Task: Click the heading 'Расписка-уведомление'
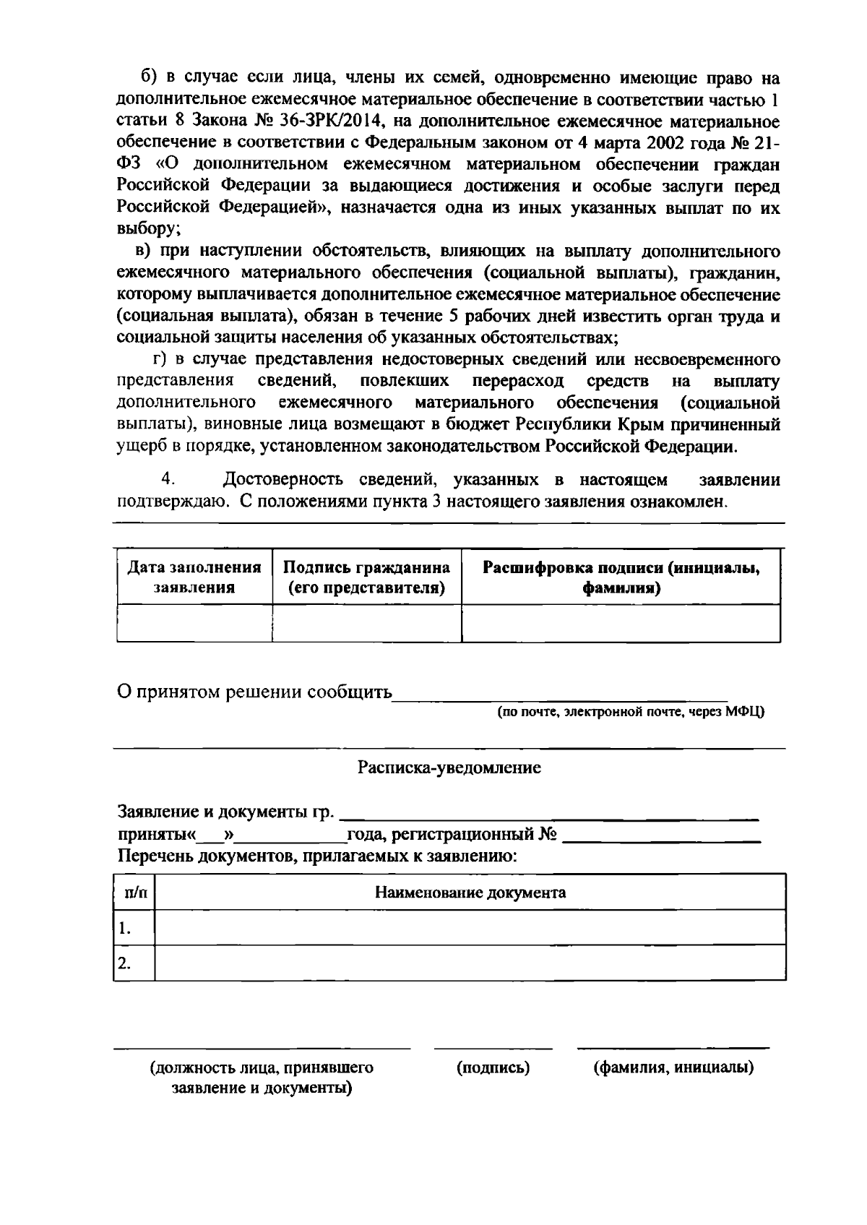(x=449, y=768)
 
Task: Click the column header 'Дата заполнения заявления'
(x=194, y=577)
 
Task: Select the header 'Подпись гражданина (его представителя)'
(x=366, y=577)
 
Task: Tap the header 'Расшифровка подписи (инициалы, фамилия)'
(x=621, y=577)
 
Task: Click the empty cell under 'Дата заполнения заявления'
(x=194, y=623)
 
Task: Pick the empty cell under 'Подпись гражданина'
(x=366, y=623)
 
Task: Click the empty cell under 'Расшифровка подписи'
(x=621, y=623)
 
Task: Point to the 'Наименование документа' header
(x=470, y=893)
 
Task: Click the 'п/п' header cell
(x=134, y=893)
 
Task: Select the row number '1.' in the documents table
(x=125, y=928)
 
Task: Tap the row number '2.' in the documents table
(x=125, y=963)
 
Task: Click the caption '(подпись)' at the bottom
(x=493, y=1067)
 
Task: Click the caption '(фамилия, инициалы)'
(x=673, y=1067)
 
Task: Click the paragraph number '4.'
(x=169, y=480)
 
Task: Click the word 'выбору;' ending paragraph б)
(x=148, y=229)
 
